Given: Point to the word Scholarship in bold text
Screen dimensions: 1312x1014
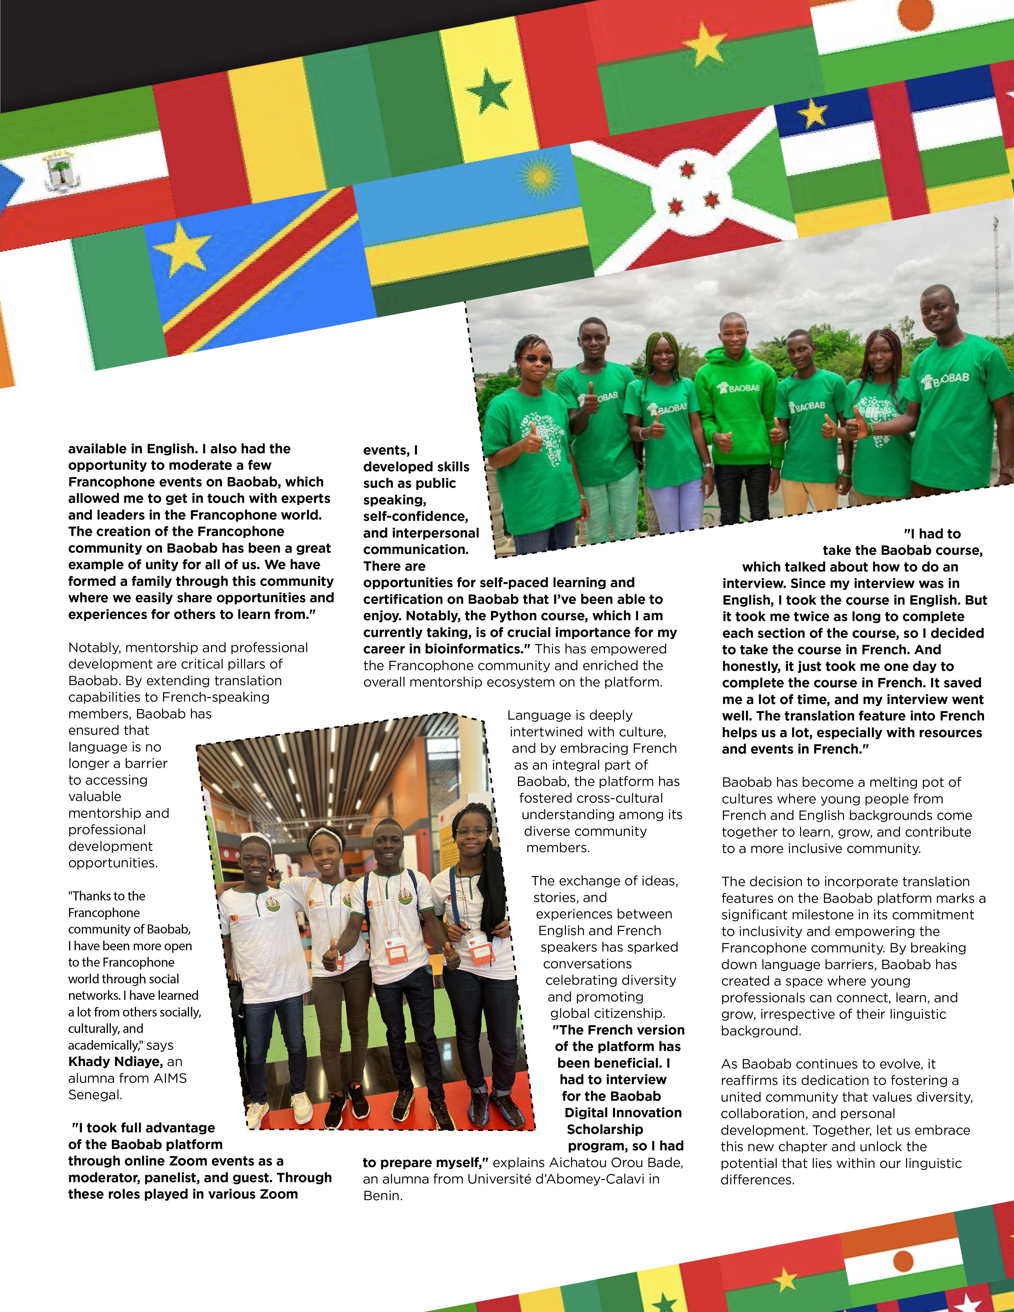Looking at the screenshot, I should tap(605, 1129).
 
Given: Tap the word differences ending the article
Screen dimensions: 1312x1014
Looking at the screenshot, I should tap(757, 1180).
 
